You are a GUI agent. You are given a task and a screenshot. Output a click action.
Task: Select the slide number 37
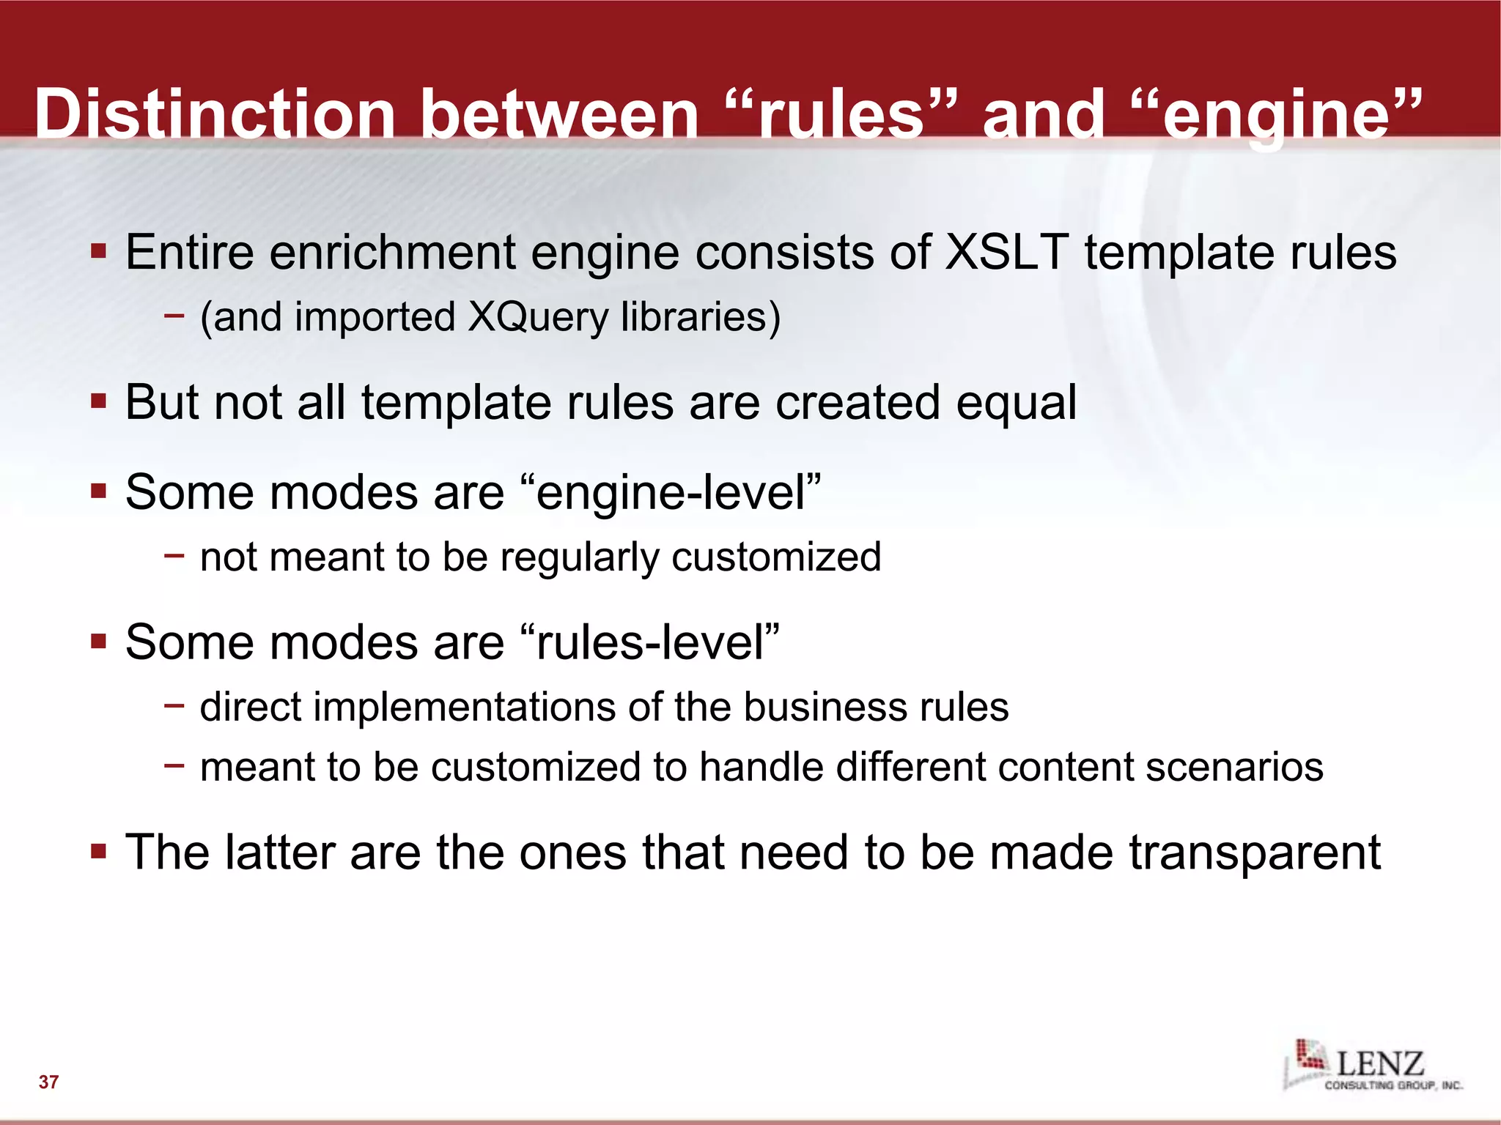pos(48,1082)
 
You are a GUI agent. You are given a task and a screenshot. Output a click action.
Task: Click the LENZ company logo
pos(1371,1066)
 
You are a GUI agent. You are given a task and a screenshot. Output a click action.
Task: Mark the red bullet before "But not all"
pos(99,401)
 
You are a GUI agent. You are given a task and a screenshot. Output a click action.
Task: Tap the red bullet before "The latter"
pos(99,852)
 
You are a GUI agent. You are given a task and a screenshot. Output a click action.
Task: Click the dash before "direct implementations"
pos(174,706)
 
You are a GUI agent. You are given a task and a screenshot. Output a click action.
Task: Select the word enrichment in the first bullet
pos(392,252)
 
